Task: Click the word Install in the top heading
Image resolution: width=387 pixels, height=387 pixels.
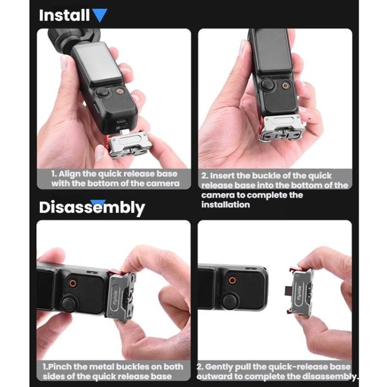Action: (x=64, y=15)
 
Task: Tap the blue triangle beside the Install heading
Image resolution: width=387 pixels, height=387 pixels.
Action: (x=100, y=15)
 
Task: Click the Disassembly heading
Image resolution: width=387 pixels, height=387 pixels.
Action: (x=92, y=208)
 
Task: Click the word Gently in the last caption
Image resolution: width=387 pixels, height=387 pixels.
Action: (x=223, y=366)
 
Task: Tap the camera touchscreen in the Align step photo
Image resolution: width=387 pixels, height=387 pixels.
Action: (x=96, y=64)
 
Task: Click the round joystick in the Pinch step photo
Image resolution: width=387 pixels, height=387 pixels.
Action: (x=69, y=303)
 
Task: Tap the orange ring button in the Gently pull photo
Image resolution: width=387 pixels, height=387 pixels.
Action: (x=232, y=280)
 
